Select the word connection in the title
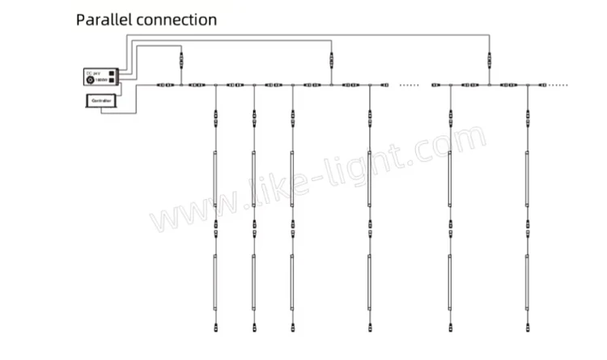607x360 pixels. point(176,19)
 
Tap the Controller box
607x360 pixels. point(101,100)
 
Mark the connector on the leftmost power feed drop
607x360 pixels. point(180,59)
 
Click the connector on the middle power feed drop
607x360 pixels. point(331,59)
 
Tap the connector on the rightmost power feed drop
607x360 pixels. point(488,59)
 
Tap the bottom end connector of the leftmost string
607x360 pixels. point(215,328)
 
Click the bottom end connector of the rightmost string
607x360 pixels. point(527,328)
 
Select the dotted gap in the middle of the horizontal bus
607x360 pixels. point(410,84)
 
